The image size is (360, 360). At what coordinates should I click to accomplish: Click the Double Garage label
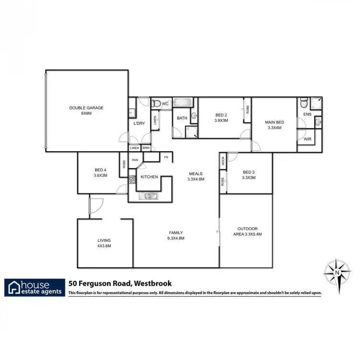tap(86, 108)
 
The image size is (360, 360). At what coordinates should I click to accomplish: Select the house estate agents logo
tap(35, 287)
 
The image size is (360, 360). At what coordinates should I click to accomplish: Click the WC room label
tap(165, 104)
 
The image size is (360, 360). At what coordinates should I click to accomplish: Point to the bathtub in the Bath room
tap(182, 102)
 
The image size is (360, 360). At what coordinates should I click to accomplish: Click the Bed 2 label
tap(221, 115)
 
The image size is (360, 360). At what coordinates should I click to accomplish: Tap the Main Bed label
tap(275, 122)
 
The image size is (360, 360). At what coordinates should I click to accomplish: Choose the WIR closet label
tap(307, 139)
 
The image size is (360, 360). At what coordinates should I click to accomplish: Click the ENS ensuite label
tap(307, 114)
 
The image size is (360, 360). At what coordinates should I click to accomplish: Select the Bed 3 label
tap(249, 172)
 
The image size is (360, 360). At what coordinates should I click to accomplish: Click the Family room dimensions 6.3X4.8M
tap(176, 238)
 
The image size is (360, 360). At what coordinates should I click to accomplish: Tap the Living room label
tap(104, 240)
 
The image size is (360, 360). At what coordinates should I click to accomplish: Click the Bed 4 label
tap(101, 170)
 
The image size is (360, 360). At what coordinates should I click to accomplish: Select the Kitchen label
tap(149, 177)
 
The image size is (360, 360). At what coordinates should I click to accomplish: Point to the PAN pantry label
tap(135, 160)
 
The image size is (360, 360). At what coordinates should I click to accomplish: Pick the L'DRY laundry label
tap(139, 123)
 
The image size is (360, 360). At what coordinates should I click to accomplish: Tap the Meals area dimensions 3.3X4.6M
tap(196, 179)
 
